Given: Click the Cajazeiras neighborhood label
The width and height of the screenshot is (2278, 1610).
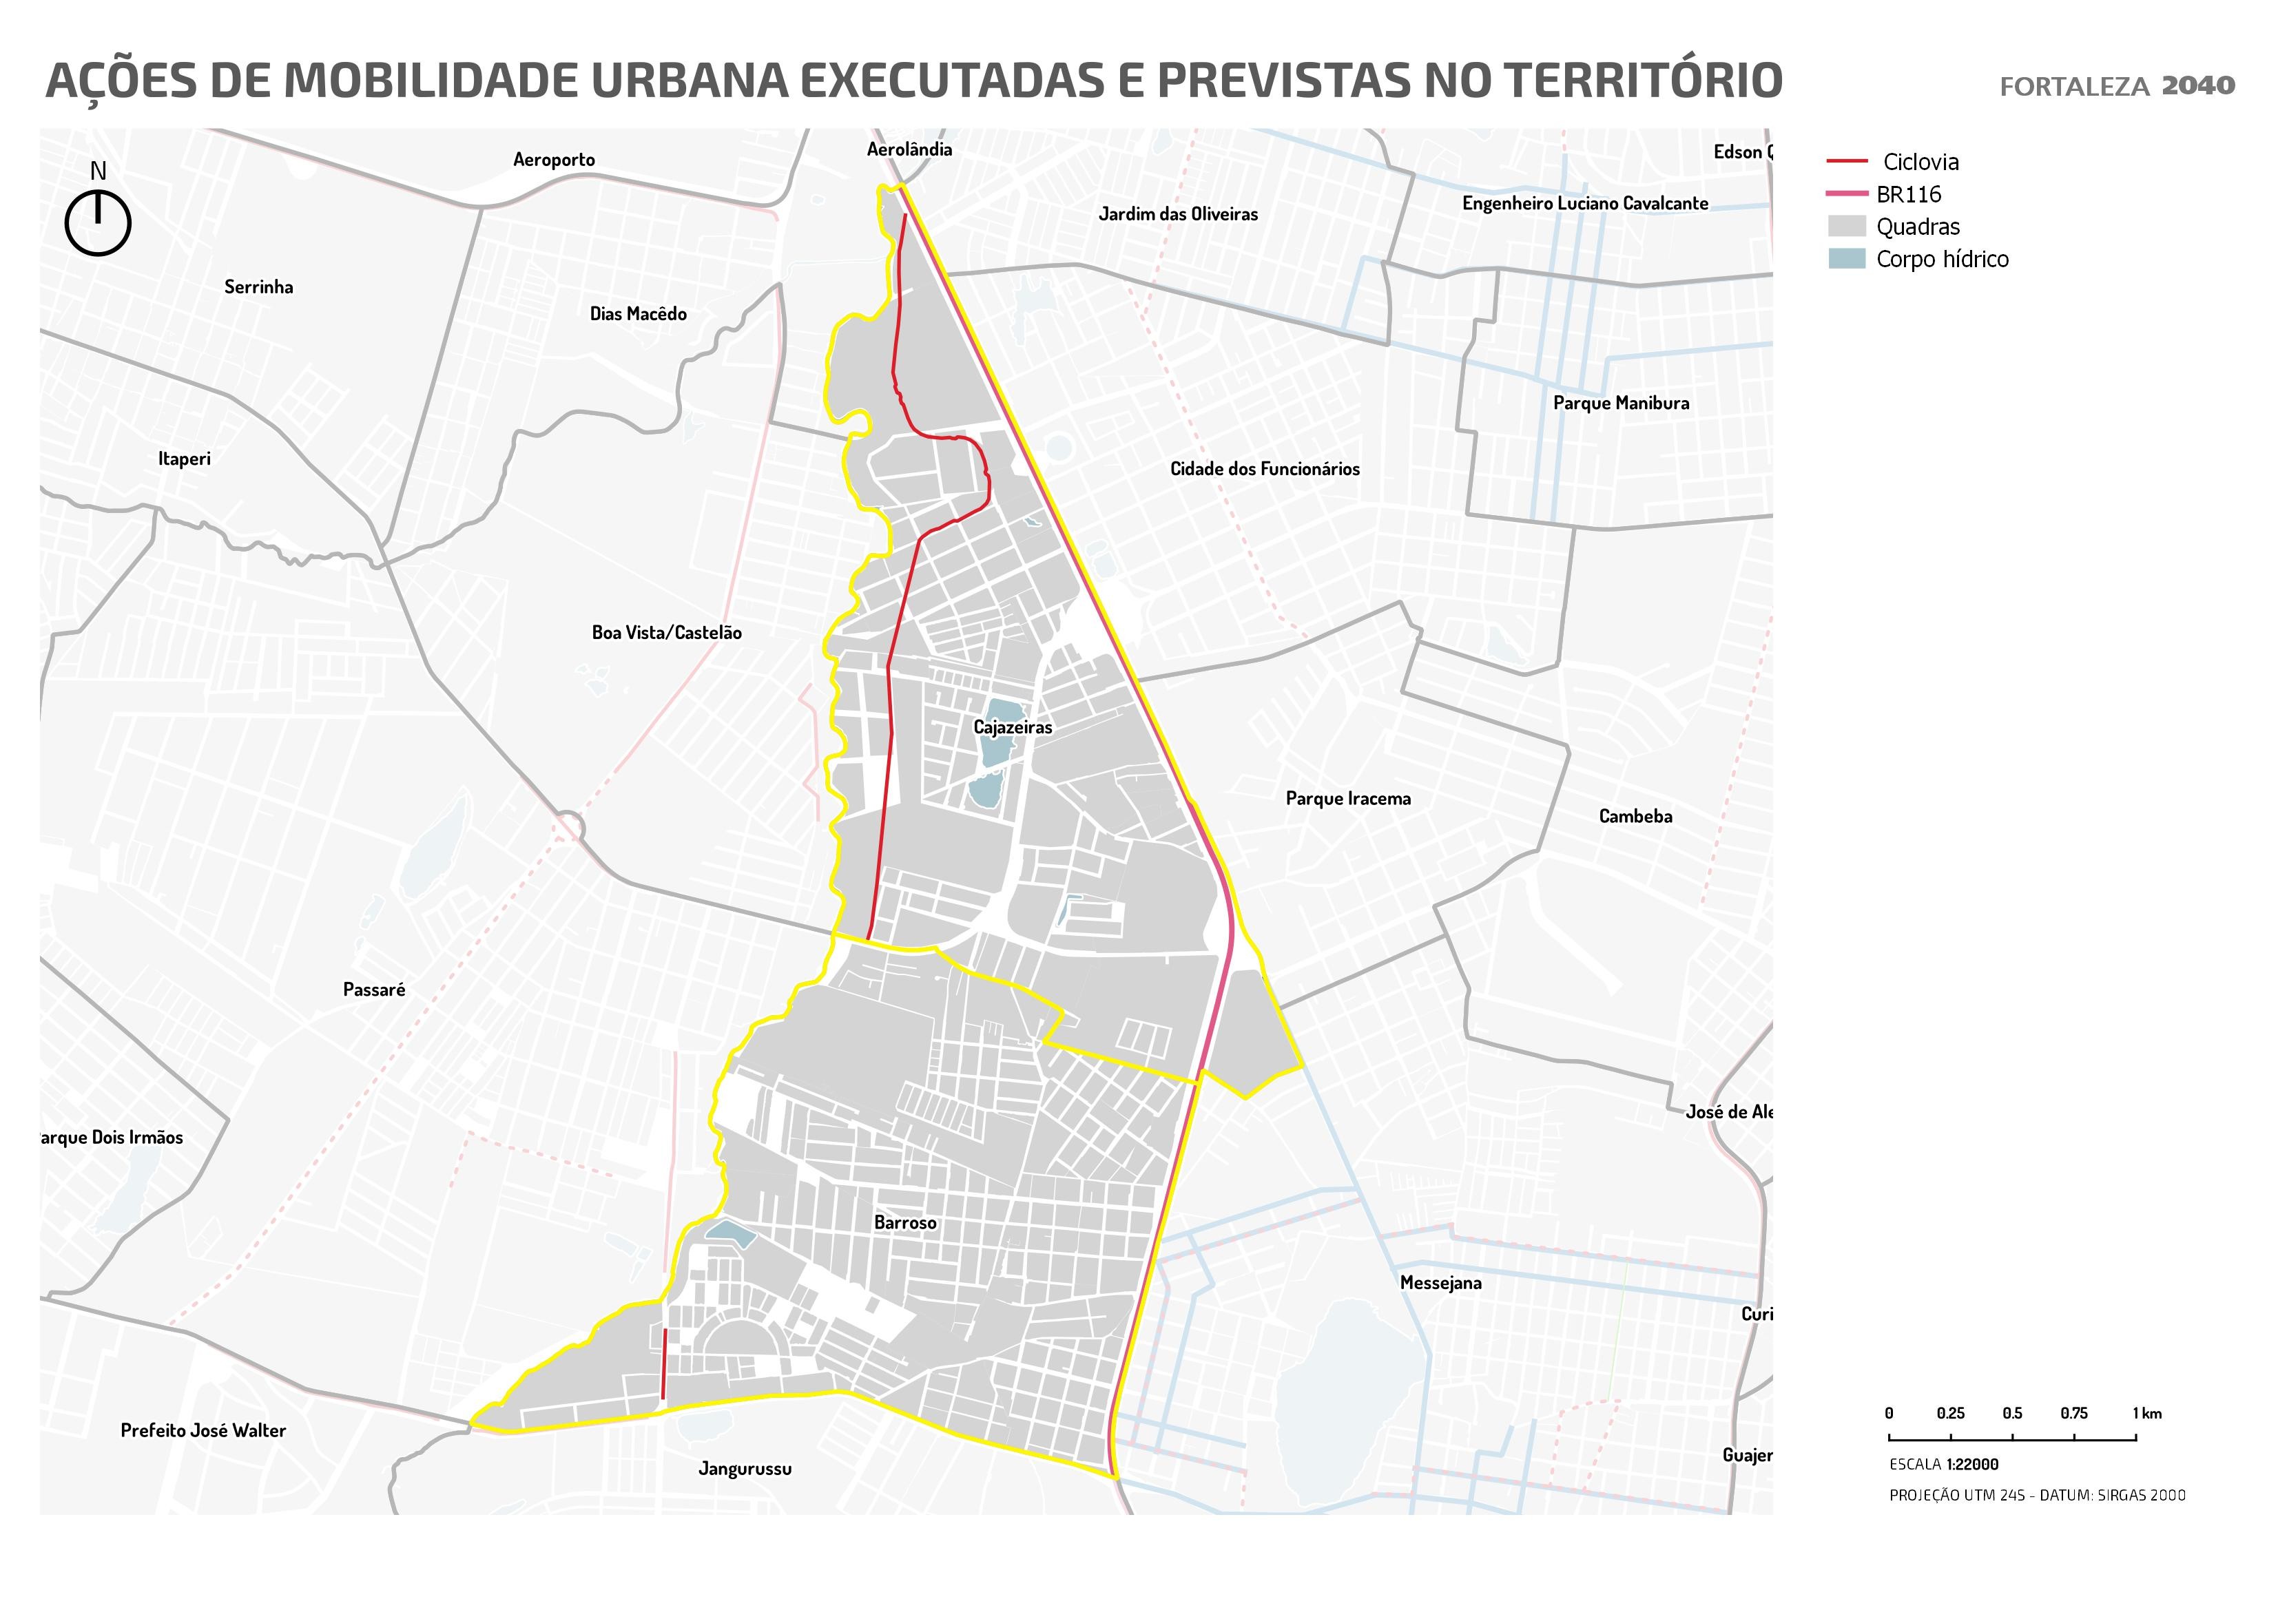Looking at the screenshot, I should coord(1012,727).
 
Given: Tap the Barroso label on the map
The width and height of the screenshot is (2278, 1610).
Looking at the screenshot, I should coord(905,1223).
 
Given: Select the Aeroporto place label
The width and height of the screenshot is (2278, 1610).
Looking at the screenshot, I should coord(554,160).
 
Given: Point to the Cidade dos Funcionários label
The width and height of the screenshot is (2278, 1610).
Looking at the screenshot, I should coord(1264,469).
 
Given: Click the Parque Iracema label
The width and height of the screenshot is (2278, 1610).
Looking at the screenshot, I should coord(1347,799).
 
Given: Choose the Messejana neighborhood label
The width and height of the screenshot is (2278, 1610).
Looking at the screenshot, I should coord(1440,1283).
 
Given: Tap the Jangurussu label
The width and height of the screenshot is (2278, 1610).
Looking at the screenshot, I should coord(744,1469).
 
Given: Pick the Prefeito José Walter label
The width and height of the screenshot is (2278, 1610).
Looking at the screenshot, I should coord(203,1430).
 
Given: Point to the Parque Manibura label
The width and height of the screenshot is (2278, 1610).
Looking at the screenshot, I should coord(1620,403).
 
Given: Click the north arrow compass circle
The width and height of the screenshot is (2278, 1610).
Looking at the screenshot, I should coord(99,224).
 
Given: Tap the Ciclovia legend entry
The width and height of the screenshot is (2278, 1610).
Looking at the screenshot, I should coord(1920,162).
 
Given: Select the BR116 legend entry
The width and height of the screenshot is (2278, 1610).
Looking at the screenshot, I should coord(1908,194).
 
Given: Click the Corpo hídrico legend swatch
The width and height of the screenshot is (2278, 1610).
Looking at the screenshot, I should coord(1846,259).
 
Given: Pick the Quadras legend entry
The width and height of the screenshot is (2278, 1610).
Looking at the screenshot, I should coord(1917,227).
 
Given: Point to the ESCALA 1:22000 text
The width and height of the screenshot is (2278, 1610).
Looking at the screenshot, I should coord(1943,1464).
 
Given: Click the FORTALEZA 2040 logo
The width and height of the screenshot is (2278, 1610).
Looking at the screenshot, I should coord(2116,86).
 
